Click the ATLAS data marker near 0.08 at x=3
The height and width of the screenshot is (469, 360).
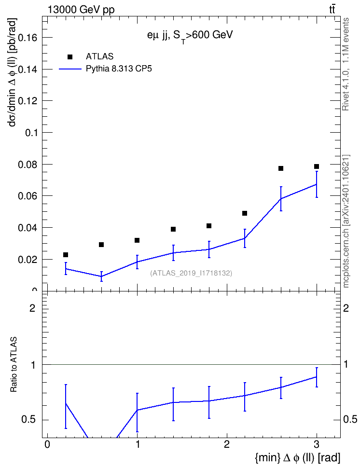(x=316, y=166)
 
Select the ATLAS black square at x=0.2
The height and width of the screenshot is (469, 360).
(x=66, y=255)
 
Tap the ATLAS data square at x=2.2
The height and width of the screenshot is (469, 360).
(x=245, y=213)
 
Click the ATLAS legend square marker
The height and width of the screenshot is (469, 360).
(x=70, y=57)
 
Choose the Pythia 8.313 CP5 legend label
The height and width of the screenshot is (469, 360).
(x=119, y=69)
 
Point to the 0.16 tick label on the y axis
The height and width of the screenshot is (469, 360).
(x=27, y=38)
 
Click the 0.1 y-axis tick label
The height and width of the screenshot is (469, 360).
(x=31, y=133)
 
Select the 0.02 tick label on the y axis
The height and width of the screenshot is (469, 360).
(x=27, y=259)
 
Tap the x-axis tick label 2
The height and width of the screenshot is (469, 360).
(x=227, y=444)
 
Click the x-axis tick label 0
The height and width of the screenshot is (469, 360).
(x=47, y=444)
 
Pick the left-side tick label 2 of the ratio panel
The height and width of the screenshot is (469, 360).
(x=32, y=308)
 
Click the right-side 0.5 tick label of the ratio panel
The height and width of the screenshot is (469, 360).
(x=350, y=420)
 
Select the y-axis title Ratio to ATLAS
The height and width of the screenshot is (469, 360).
(x=14, y=365)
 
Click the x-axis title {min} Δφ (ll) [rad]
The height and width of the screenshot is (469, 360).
(x=297, y=457)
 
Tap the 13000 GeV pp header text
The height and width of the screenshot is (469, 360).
(x=81, y=10)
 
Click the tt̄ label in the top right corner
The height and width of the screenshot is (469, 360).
(x=332, y=9)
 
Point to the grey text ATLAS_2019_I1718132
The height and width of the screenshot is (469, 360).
(x=191, y=273)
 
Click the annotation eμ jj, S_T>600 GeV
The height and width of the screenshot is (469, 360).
(x=190, y=36)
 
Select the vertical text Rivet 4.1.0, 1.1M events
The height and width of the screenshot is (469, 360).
(x=346, y=64)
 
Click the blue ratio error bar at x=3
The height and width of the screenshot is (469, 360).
(x=316, y=377)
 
